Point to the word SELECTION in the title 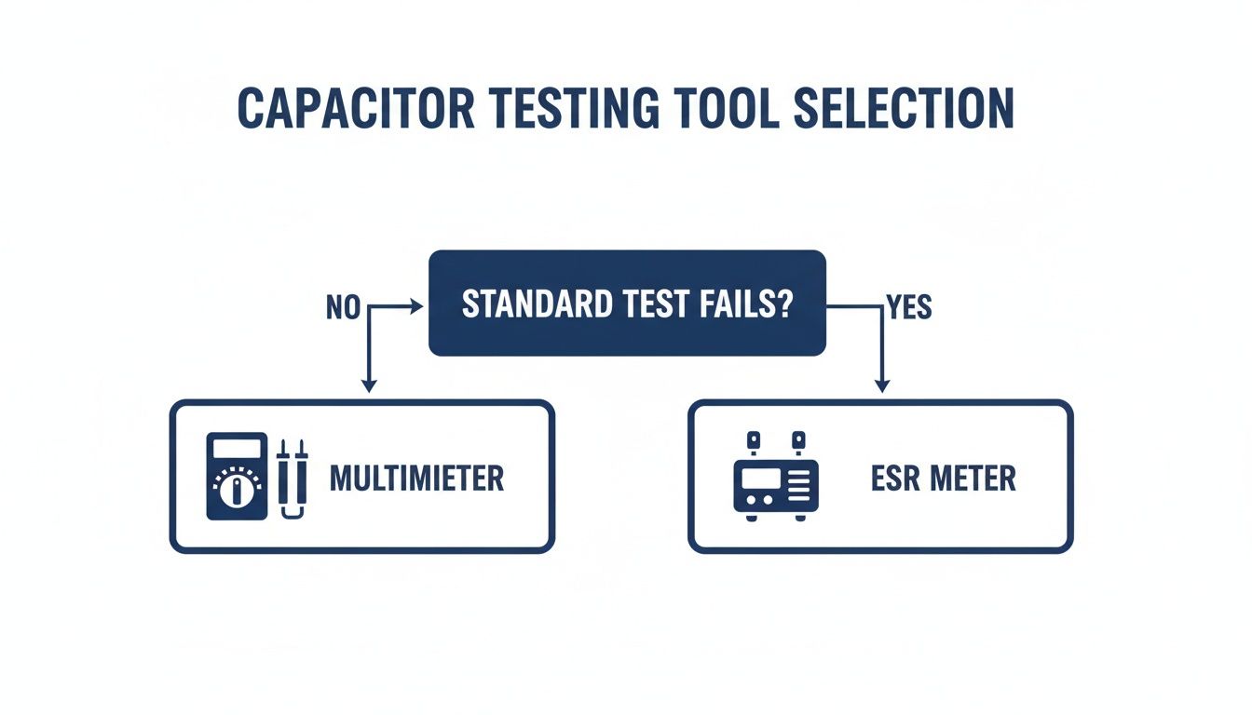tap(903, 109)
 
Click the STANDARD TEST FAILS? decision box tap(627, 303)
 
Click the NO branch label tap(343, 308)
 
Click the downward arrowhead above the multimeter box tap(369, 384)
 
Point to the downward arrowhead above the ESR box tap(882, 384)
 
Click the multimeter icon tap(237, 476)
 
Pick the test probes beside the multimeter tap(293, 478)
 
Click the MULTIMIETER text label tap(416, 479)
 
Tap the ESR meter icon tap(775, 478)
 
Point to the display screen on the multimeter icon tap(237, 450)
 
